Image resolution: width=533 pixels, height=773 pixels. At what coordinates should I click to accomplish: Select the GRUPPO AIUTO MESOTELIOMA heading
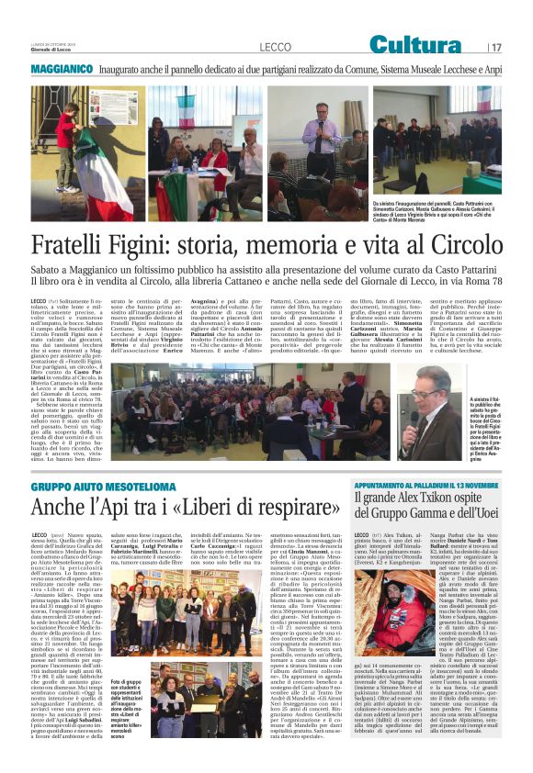click(91, 486)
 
